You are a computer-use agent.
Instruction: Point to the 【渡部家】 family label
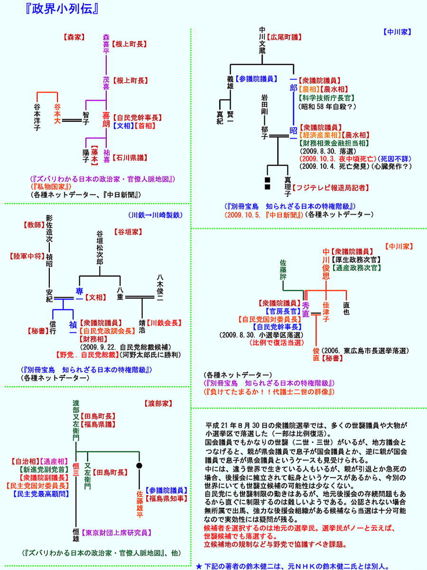click(158, 404)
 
